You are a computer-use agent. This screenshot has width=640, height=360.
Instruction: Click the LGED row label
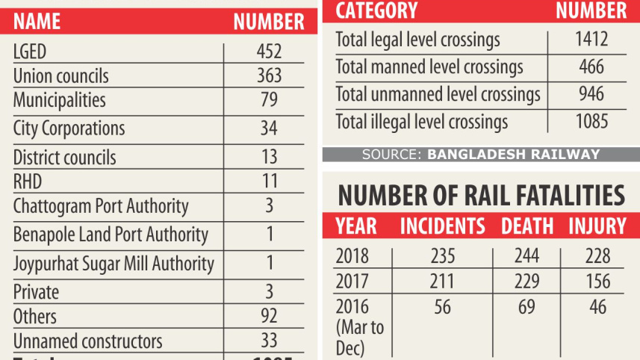tap(31, 52)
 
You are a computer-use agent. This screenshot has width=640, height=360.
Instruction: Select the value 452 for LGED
tap(269, 52)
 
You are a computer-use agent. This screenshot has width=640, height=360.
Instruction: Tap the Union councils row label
tap(60, 76)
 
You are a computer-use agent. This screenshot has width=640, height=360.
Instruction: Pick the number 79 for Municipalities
tap(269, 100)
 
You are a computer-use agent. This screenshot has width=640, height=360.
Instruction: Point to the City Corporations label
tap(69, 128)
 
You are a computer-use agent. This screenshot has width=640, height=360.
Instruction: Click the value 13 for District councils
tap(269, 157)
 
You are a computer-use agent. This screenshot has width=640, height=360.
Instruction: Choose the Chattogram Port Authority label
tap(101, 206)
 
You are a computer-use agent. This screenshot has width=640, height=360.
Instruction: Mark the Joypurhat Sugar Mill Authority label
tap(114, 264)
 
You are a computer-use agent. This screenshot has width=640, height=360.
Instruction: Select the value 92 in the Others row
tap(269, 316)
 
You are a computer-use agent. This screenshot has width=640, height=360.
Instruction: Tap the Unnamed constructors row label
tap(87, 341)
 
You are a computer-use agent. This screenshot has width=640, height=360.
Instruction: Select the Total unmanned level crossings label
tap(438, 95)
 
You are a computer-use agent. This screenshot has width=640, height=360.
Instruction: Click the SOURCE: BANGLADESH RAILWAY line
tap(480, 155)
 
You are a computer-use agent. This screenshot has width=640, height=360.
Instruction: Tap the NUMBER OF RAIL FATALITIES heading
tap(481, 196)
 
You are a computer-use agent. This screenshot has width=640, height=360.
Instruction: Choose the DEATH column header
tap(527, 226)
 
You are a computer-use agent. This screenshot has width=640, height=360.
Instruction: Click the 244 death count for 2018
tap(528, 256)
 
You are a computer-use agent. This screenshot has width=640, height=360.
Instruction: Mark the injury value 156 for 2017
tap(597, 282)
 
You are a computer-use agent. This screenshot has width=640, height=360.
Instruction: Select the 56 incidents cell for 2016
tap(442, 307)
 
